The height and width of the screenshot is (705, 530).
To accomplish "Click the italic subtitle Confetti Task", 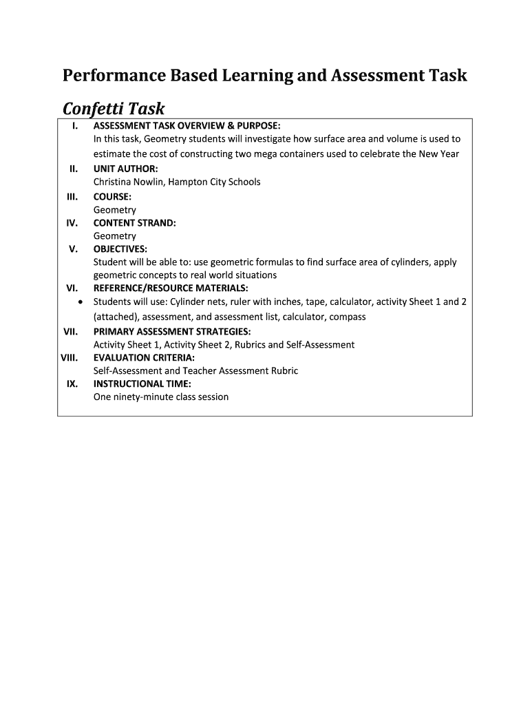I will (114, 109).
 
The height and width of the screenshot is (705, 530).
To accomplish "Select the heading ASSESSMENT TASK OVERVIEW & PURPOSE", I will (187, 125).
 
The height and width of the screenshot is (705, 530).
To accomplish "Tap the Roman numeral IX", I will (72, 383).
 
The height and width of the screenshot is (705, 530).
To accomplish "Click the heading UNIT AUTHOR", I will (125, 169).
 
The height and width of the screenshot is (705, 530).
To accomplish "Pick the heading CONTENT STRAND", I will (134, 223).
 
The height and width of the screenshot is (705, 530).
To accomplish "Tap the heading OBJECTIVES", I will (120, 249).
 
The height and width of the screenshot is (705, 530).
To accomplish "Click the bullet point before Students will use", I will (82, 302).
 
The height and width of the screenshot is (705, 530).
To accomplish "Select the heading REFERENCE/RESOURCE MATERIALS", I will (171, 288).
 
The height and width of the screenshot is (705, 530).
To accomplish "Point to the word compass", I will (348, 317).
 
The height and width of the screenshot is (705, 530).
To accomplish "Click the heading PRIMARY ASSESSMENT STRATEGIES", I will (172, 331).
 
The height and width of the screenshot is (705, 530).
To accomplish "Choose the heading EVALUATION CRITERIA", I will (144, 357).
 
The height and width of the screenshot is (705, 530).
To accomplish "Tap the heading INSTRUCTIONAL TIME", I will (142, 383).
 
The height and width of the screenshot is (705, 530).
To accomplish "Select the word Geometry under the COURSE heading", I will (115, 210).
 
